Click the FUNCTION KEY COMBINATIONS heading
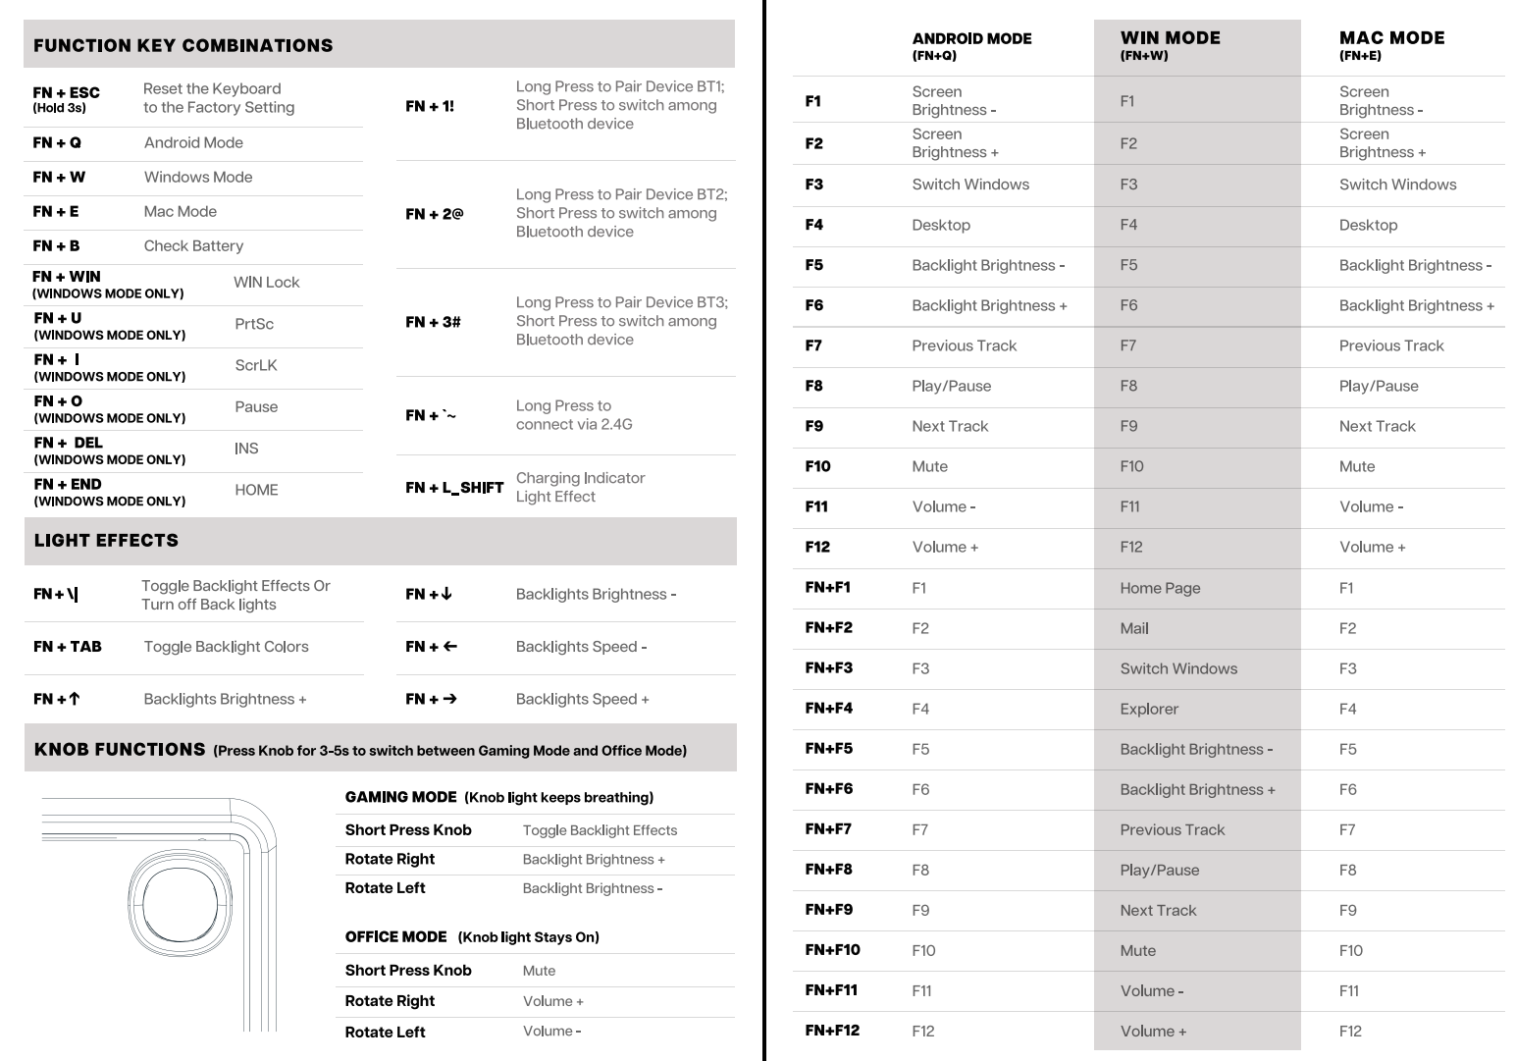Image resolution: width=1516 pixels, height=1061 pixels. click(183, 46)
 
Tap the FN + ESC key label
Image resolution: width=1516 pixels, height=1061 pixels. click(66, 93)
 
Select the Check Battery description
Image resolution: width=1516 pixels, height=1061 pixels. click(193, 246)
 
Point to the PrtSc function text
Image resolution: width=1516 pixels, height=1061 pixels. click(254, 324)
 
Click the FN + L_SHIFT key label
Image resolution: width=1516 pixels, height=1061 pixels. click(454, 488)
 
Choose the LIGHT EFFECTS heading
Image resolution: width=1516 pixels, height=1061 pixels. click(106, 541)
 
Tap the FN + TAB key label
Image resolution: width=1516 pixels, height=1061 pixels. click(68, 647)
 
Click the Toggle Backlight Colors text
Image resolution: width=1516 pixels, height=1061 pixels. click(226, 647)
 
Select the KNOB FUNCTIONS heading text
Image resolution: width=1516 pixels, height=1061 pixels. click(120, 750)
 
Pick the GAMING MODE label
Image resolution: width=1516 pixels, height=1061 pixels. click(400, 798)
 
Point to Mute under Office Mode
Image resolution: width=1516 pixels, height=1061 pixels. click(539, 971)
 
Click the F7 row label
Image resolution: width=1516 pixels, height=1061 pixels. click(813, 345)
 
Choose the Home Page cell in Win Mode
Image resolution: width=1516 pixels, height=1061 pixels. click(1160, 588)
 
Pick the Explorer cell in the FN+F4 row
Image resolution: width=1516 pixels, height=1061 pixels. click(1149, 709)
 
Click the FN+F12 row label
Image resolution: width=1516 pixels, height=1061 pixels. click(832, 1031)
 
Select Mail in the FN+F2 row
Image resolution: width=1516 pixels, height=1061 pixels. click(1134, 628)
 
